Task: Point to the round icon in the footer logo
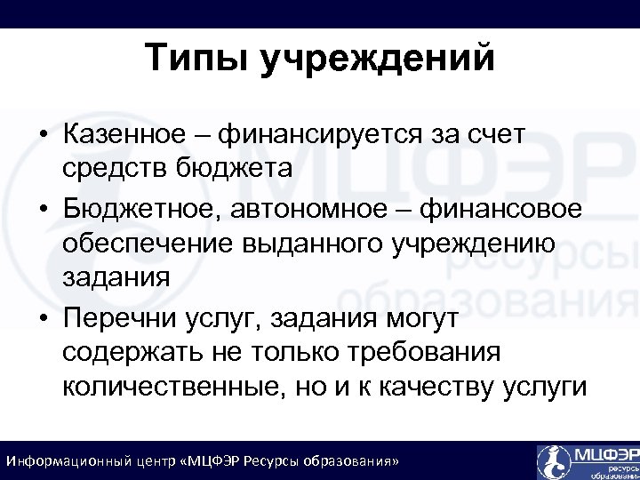[x=553, y=460]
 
